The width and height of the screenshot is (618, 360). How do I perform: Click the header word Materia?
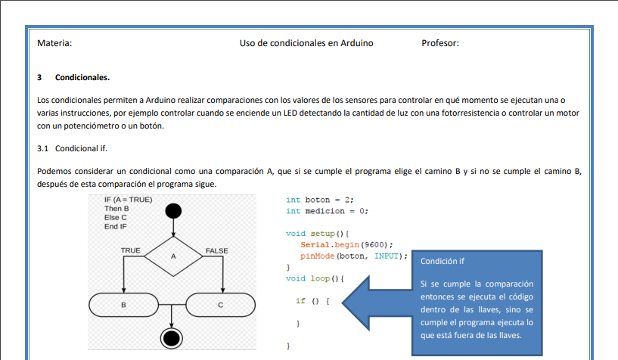(54, 43)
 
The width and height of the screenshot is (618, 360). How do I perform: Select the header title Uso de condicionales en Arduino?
(306, 43)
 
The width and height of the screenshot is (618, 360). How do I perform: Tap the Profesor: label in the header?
(440, 43)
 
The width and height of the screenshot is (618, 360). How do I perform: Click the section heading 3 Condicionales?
(73, 77)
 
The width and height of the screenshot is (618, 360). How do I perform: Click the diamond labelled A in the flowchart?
(173, 256)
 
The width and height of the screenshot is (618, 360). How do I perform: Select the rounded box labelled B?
(123, 304)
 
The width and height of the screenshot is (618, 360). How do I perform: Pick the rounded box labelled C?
(221, 304)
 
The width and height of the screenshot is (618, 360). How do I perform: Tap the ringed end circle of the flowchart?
(172, 337)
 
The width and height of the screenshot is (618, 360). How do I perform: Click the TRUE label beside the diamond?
(130, 250)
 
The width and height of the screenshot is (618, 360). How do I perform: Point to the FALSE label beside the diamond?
(216, 250)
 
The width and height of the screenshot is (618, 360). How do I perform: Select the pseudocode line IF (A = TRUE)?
(128, 200)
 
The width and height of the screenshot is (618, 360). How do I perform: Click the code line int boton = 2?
(320, 200)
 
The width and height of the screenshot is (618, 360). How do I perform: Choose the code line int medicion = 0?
(327, 211)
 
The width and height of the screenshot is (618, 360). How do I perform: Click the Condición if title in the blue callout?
(443, 261)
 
